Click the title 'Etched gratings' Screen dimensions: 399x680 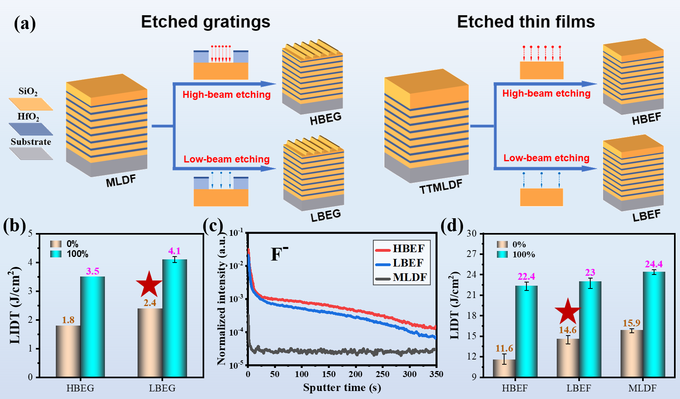tap(205, 22)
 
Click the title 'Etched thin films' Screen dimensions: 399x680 tap(526, 22)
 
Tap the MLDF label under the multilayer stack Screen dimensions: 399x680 tap(120, 181)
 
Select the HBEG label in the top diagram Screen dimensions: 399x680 tap(325, 119)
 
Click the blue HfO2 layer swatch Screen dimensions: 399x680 tap(31, 129)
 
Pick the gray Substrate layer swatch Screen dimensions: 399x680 tap(31, 154)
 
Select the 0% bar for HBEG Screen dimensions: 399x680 tap(68, 351)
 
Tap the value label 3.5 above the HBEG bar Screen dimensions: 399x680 tap(93, 271)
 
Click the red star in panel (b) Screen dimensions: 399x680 tap(149, 284)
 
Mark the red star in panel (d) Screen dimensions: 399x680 tap(568, 311)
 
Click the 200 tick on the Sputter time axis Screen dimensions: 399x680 tap(355, 374)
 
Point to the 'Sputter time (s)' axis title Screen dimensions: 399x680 tap(342, 387)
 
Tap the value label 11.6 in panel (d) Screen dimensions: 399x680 tap(504, 348)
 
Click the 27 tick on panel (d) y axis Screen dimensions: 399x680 tap(472, 254)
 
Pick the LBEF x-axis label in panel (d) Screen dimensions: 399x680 tap(579, 388)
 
